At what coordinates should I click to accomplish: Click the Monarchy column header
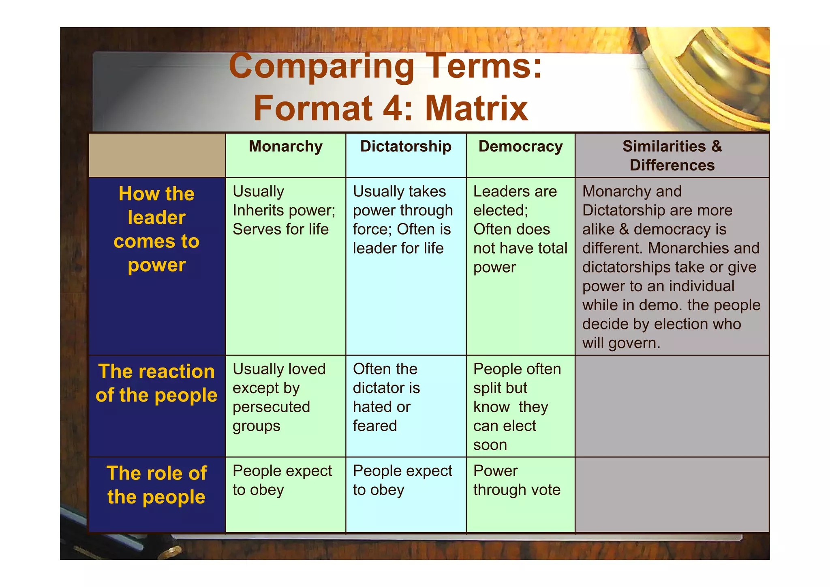click(285, 146)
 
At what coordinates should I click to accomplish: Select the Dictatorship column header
click(406, 146)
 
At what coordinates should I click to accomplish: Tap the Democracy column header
click(520, 146)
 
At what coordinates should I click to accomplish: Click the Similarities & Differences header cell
click(672, 156)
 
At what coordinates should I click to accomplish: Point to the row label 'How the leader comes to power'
click(156, 229)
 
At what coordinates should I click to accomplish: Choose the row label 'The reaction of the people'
click(156, 383)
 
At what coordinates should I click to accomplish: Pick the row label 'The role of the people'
click(156, 485)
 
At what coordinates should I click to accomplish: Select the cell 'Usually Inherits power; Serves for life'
click(284, 210)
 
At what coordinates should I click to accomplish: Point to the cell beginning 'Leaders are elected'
click(520, 229)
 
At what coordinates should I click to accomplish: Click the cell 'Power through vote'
click(517, 480)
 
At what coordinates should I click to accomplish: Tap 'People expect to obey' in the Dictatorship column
click(402, 480)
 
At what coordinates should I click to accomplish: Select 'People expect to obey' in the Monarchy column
click(282, 480)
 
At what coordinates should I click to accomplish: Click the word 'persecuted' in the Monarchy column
click(271, 407)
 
